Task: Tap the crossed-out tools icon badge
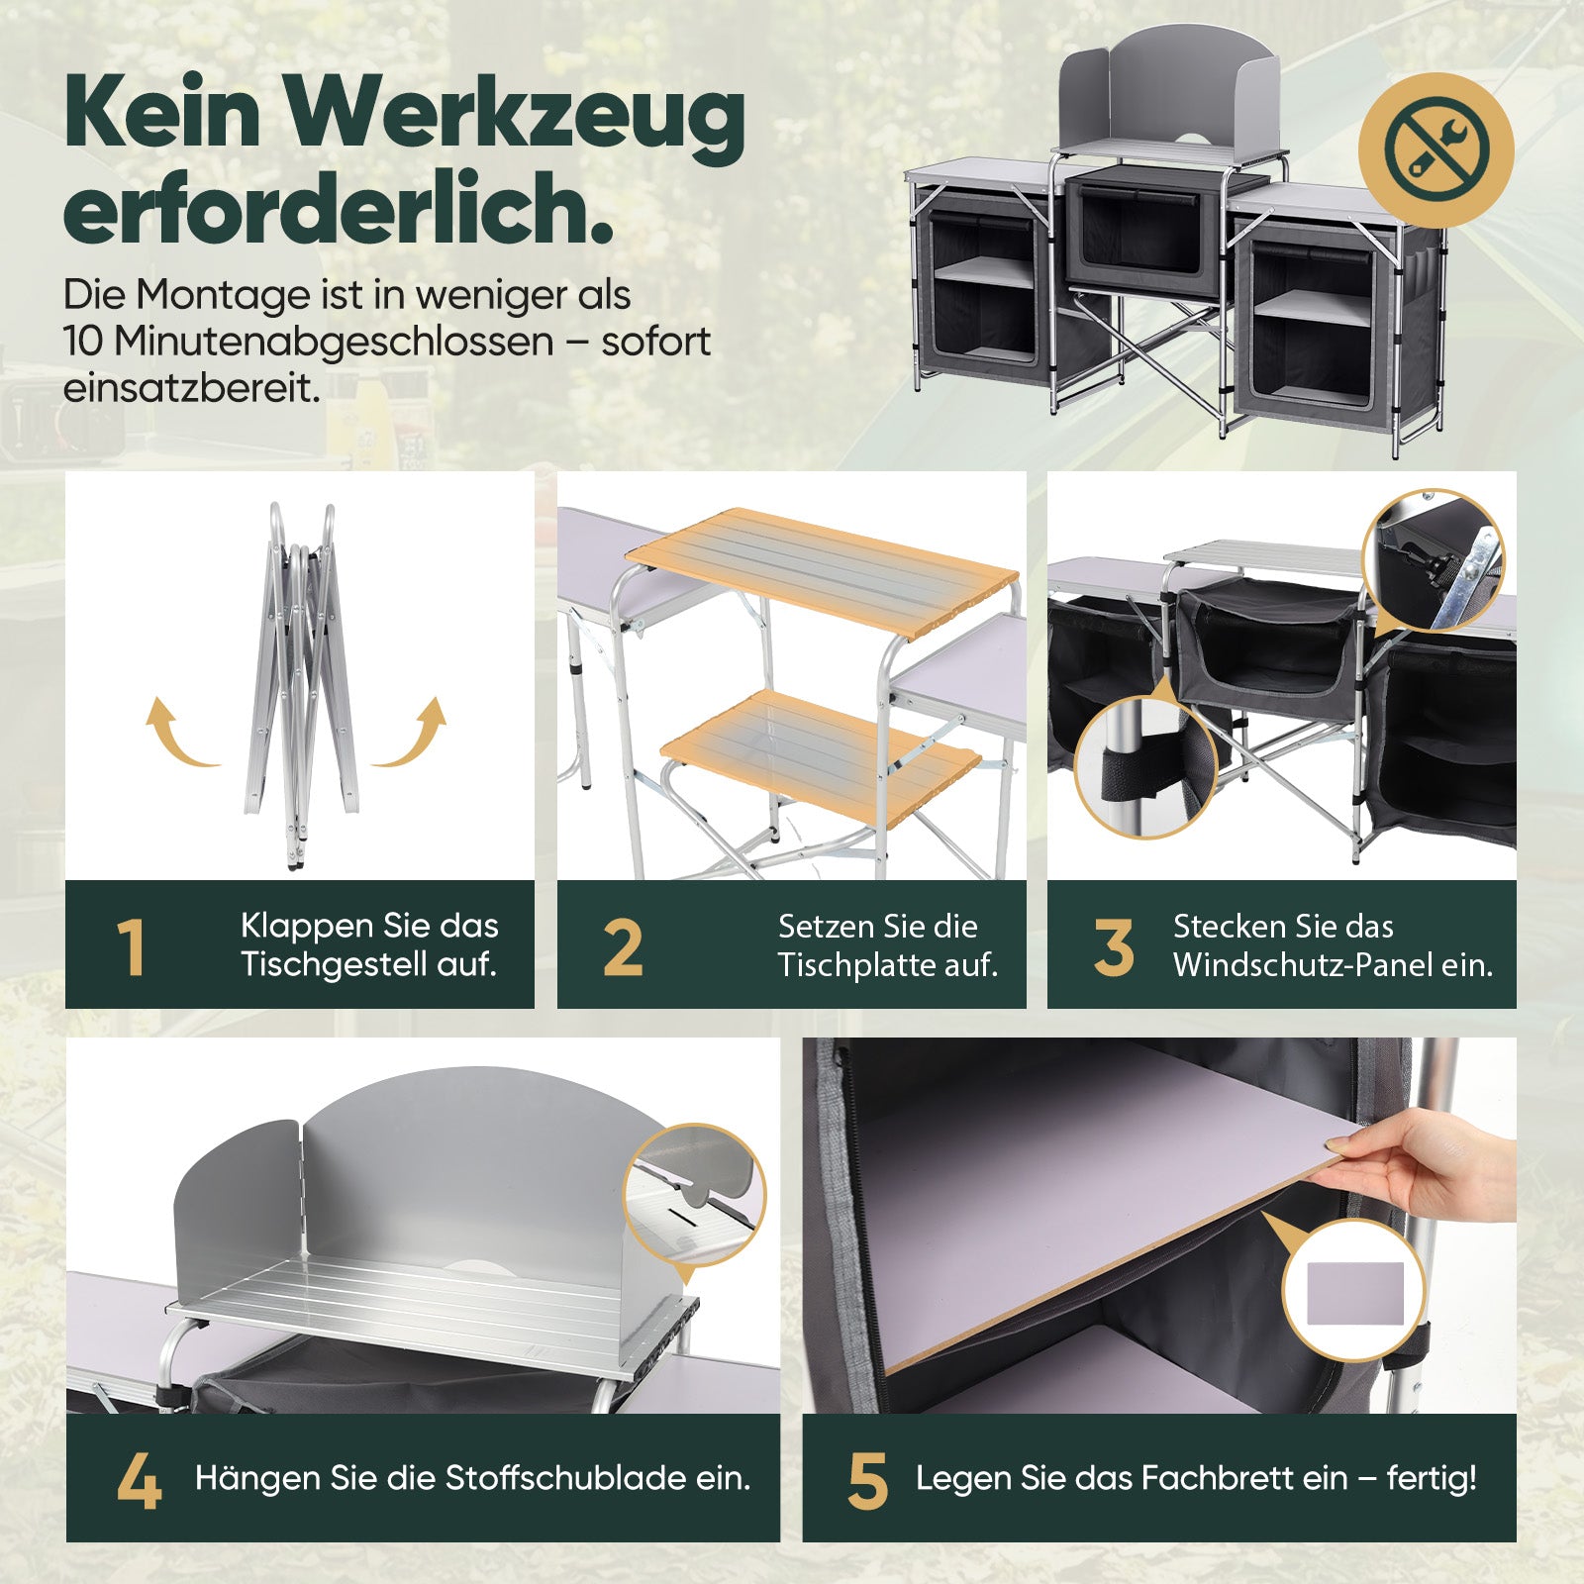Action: point(1435,148)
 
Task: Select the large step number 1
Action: point(131,946)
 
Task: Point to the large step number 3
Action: point(1114,946)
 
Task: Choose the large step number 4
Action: point(139,1481)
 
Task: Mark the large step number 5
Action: point(867,1481)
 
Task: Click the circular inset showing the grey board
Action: point(1354,1291)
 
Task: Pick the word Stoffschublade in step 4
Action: point(565,1477)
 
